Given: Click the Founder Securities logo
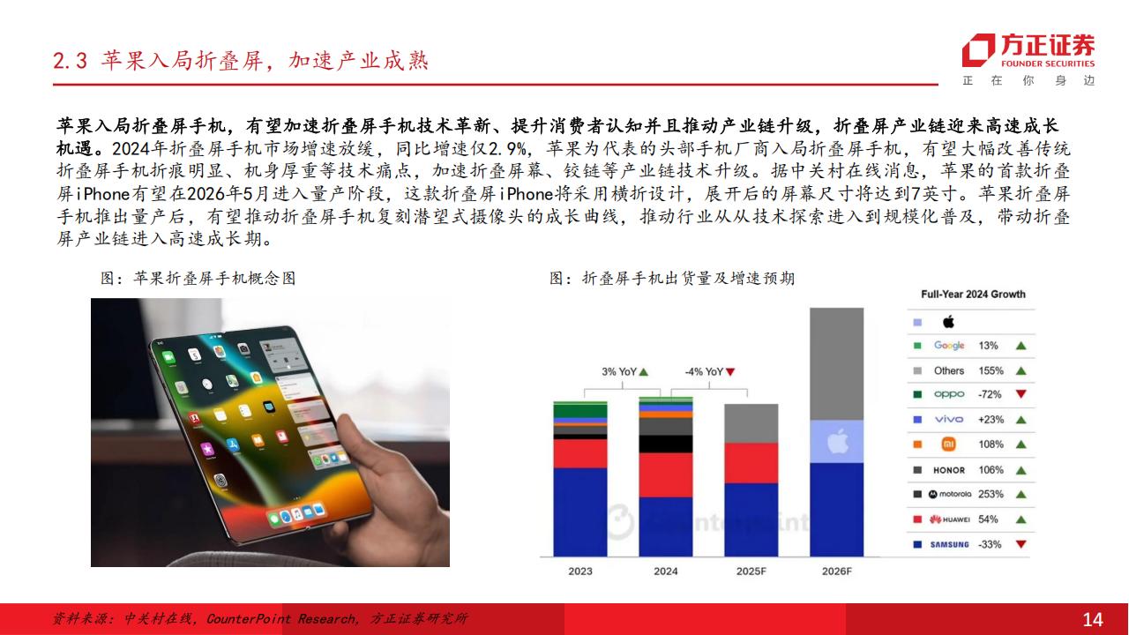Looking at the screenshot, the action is point(1028,51).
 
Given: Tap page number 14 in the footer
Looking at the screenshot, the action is point(1093,619).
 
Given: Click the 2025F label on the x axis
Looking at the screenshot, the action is point(751,571).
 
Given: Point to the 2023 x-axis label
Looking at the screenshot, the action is point(580,571).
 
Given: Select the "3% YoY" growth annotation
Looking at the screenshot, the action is point(624,372).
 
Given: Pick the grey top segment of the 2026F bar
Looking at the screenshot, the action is point(837,364).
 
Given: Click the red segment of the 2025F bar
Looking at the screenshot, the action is point(751,463).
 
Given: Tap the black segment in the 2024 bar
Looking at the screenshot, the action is point(666,444).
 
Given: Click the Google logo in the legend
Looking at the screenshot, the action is point(949,345).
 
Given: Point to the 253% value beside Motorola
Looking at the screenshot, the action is point(991,494).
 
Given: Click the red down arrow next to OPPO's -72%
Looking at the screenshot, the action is point(1021,393).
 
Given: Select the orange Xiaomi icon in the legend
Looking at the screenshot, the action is point(948,444).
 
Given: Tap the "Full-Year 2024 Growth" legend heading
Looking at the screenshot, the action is point(973,295).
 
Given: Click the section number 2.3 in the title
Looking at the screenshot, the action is point(70,62).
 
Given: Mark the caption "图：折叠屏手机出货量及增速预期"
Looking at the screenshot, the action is point(672,278).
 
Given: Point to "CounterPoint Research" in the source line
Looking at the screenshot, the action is point(281,618).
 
